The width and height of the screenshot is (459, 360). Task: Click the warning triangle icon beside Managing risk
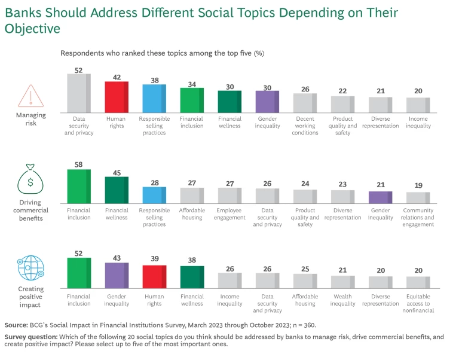(27, 96)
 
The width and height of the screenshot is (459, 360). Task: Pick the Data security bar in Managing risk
(78, 93)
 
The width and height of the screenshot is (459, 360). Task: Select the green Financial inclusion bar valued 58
(78, 187)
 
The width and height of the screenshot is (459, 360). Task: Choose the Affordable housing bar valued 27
(192, 196)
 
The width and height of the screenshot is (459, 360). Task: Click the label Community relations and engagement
(418, 218)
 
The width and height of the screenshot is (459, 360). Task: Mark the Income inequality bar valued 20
(418, 105)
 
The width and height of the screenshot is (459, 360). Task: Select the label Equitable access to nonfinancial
(418, 303)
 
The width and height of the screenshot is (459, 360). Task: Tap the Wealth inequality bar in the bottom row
(342, 283)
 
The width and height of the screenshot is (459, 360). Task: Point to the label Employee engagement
(229, 214)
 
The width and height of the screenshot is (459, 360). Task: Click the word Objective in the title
(28, 28)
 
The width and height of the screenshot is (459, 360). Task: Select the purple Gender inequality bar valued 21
(380, 198)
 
